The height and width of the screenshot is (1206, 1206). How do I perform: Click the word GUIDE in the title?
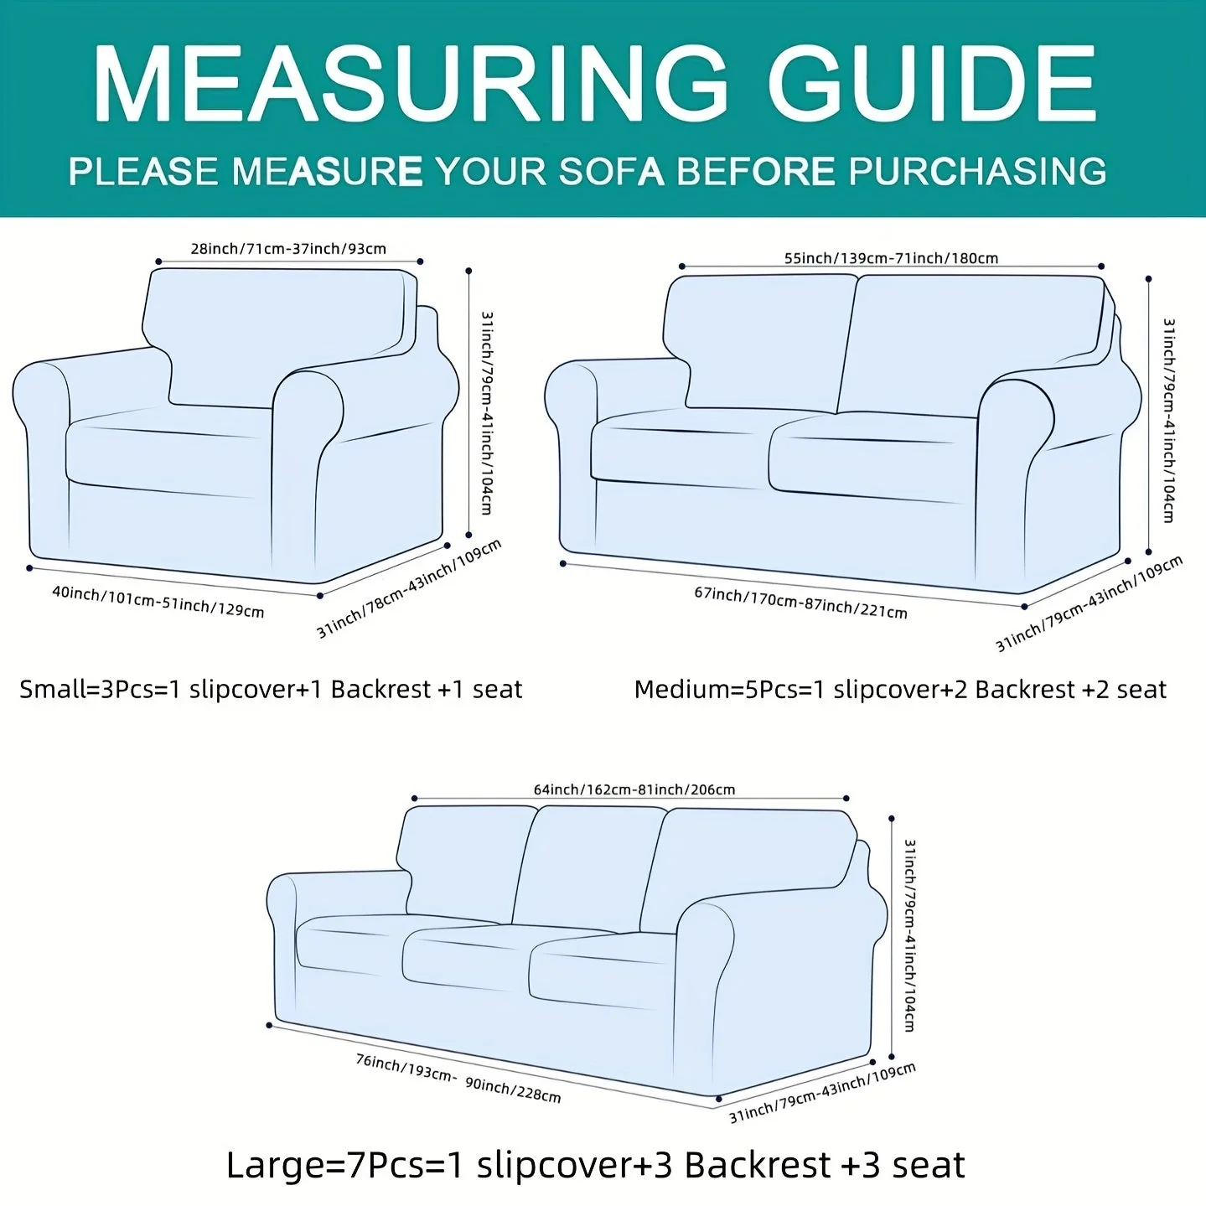click(x=932, y=83)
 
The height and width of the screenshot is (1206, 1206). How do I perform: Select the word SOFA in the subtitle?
click(x=611, y=171)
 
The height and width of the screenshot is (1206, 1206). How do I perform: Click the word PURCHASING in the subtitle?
click(x=977, y=171)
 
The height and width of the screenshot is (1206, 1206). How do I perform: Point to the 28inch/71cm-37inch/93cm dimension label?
click(x=288, y=249)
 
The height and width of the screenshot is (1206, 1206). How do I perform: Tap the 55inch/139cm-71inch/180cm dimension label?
click(x=891, y=258)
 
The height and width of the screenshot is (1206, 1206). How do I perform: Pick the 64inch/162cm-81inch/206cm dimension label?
click(x=634, y=789)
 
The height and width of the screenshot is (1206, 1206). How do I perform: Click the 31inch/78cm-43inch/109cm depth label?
click(x=410, y=588)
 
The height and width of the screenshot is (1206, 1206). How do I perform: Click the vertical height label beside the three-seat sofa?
click(x=910, y=935)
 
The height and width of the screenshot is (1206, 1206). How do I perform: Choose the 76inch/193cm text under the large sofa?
click(x=406, y=1069)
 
